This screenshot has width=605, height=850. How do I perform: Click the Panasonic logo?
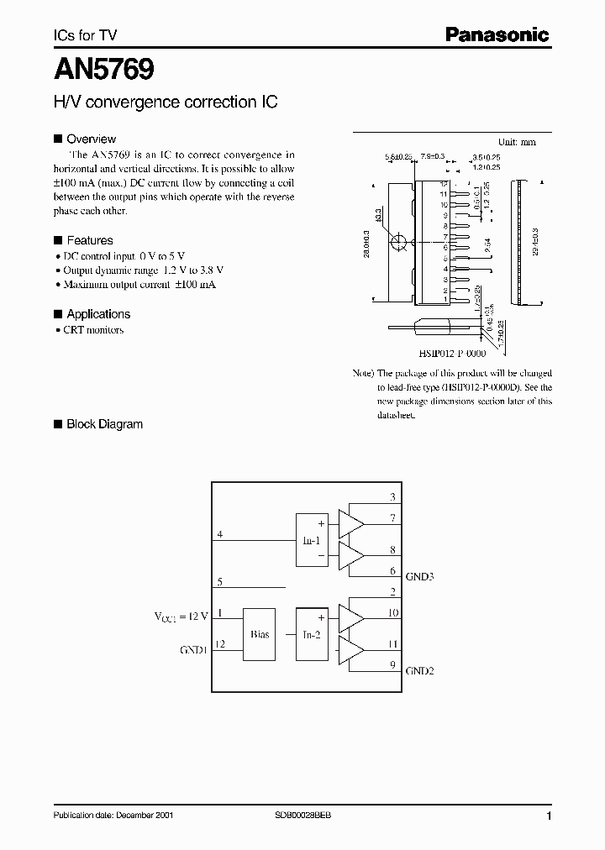(497, 35)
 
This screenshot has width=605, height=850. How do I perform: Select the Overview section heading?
(91, 139)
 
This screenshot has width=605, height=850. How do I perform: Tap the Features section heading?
(89, 240)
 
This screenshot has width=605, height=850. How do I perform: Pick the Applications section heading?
(98, 314)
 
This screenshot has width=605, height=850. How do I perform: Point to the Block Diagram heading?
(104, 424)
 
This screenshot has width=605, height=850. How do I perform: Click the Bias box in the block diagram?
(260, 634)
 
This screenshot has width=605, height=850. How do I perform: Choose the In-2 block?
(312, 634)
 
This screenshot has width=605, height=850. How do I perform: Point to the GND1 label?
(193, 649)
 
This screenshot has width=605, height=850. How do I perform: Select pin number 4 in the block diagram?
(220, 534)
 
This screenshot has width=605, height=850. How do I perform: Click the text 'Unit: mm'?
(517, 142)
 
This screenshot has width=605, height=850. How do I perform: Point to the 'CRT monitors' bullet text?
(93, 330)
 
